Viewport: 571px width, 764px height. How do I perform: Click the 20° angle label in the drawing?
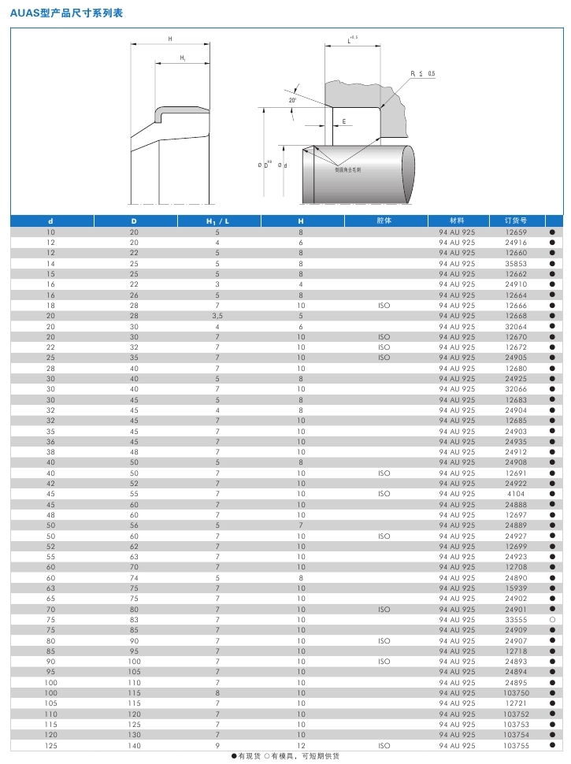click(x=292, y=100)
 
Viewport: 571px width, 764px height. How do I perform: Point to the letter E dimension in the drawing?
click(x=344, y=121)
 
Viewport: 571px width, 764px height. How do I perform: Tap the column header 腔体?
click(x=384, y=221)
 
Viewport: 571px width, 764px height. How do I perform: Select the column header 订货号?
click(x=516, y=221)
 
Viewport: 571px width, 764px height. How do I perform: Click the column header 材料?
click(x=457, y=221)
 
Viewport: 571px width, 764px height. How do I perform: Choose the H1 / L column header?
click(x=217, y=221)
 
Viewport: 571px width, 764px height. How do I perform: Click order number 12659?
click(x=516, y=232)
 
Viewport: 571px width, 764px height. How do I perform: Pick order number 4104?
click(x=516, y=494)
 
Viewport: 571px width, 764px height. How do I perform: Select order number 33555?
click(x=516, y=620)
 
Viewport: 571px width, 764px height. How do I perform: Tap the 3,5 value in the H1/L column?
click(x=217, y=316)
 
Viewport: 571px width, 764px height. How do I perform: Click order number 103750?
click(x=516, y=692)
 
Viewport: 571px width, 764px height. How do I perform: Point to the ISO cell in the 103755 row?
click(x=384, y=745)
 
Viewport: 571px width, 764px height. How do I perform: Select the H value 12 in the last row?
click(x=301, y=745)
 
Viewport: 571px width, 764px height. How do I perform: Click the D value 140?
click(x=134, y=745)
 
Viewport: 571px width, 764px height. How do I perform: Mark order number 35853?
click(x=516, y=264)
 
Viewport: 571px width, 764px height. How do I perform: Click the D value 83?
click(x=134, y=620)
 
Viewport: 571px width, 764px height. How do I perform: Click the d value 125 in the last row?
click(x=51, y=745)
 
